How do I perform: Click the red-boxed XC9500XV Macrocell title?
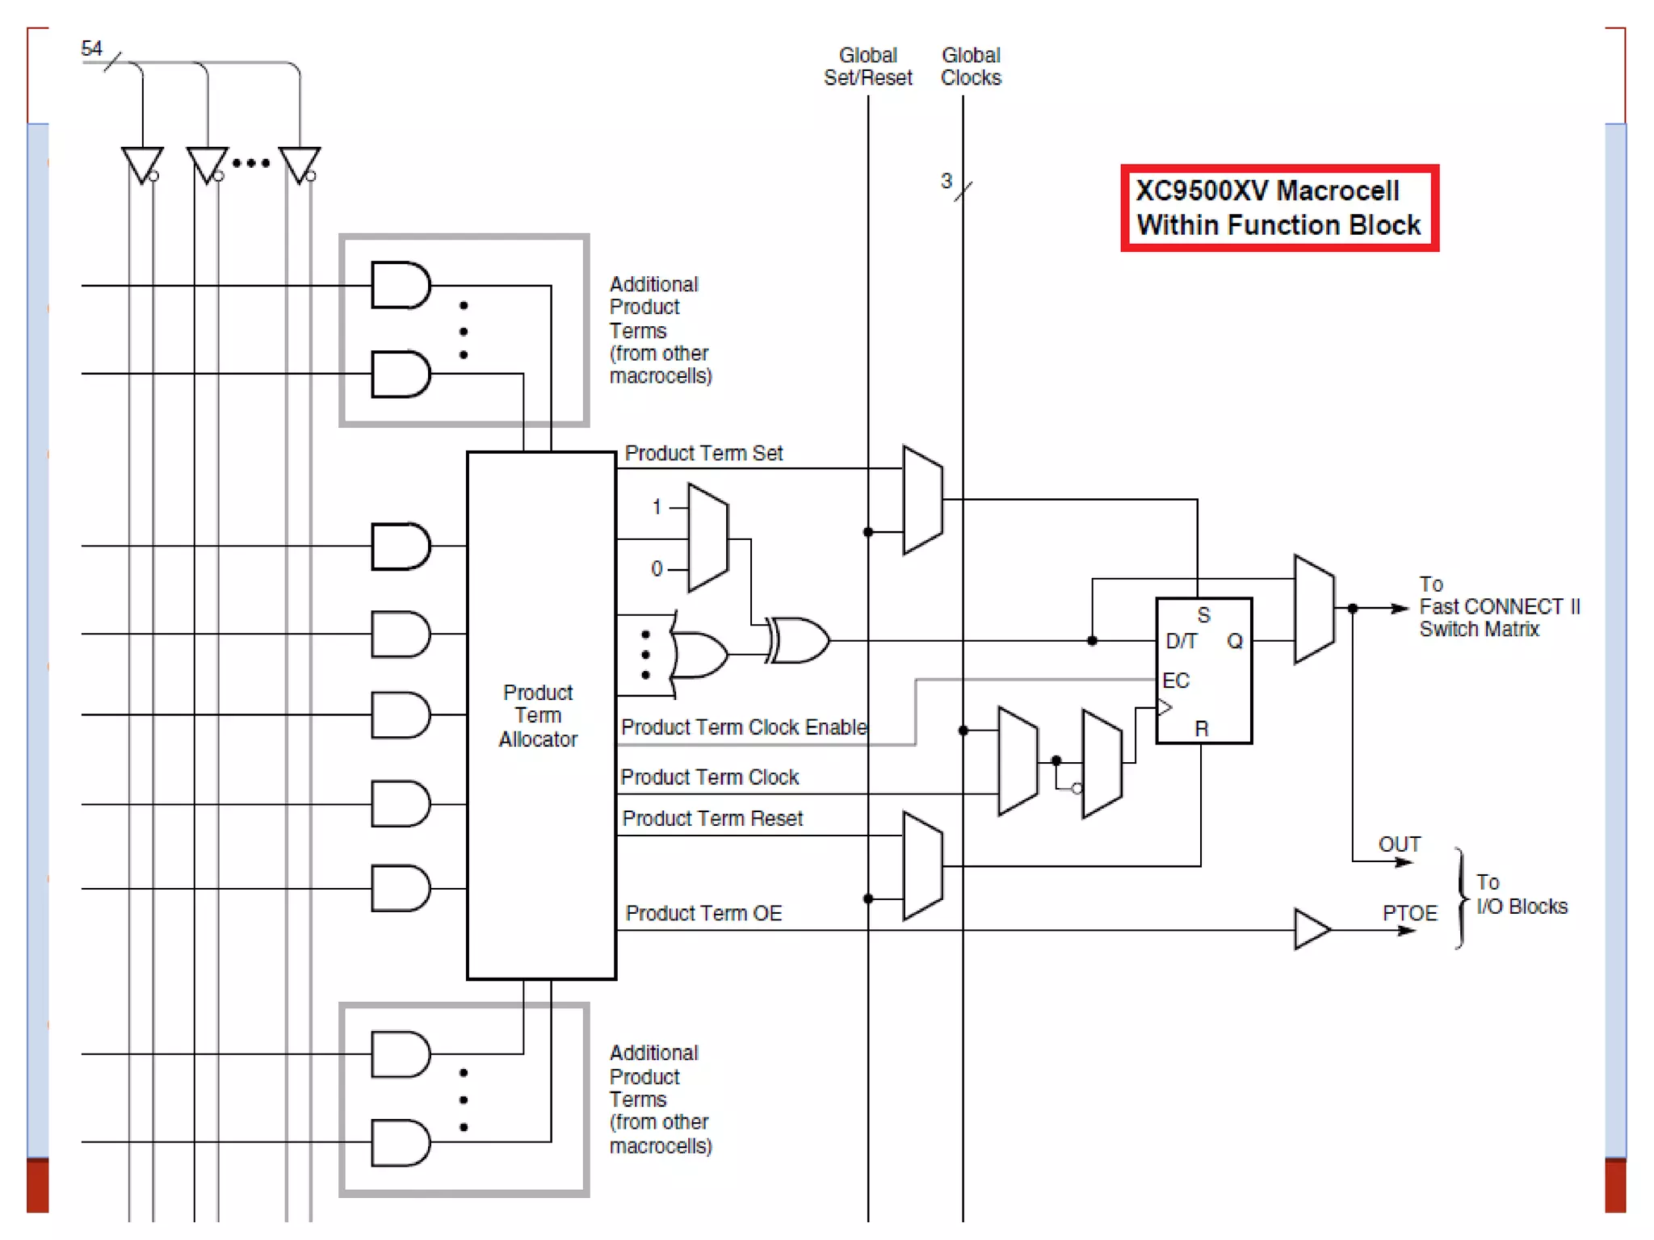click(x=1278, y=208)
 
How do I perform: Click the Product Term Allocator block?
click(x=540, y=715)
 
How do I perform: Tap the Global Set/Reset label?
click(x=867, y=67)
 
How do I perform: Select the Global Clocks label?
click(x=971, y=67)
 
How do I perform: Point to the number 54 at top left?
click(x=92, y=49)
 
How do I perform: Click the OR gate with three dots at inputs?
click(x=699, y=655)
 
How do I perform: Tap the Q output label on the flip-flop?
click(x=1234, y=642)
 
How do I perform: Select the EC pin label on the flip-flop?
click(x=1175, y=681)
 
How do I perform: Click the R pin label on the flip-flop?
click(x=1201, y=729)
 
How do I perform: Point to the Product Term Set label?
click(x=703, y=454)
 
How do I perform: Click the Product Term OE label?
click(x=703, y=913)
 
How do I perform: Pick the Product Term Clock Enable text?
click(x=743, y=727)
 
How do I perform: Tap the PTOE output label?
click(x=1409, y=913)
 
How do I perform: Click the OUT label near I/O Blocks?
click(x=1399, y=844)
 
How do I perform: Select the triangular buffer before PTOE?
click(x=1310, y=929)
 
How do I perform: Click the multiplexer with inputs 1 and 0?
click(x=708, y=538)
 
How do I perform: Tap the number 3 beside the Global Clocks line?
click(x=946, y=181)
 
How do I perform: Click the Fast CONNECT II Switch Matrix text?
click(x=1498, y=607)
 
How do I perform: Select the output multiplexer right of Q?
click(x=1314, y=610)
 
